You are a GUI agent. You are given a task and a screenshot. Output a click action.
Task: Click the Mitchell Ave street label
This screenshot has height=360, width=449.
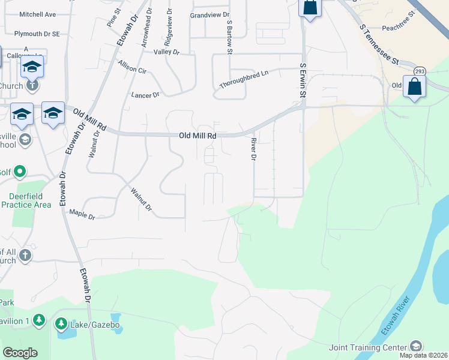tap(37, 14)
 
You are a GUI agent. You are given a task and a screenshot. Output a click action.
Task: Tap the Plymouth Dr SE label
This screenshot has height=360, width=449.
tap(37, 34)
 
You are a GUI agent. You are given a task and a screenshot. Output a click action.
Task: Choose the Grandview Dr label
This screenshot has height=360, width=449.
tap(209, 15)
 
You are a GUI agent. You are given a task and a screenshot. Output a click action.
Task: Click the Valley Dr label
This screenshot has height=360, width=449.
tap(167, 52)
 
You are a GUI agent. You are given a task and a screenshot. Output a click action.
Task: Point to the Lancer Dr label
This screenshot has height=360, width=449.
tap(145, 95)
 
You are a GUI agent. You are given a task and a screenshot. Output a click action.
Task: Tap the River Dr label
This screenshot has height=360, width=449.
tap(253, 149)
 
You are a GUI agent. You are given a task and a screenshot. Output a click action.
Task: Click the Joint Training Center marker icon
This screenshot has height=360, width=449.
tap(415, 346)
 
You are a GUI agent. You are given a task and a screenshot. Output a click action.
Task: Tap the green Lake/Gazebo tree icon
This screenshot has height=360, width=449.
tap(61, 325)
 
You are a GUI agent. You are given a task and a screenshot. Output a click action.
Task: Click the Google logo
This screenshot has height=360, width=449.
tap(20, 353)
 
